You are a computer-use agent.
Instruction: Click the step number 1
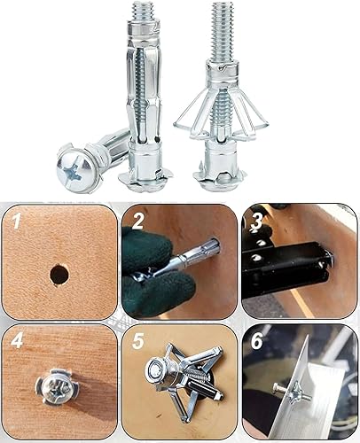click(17, 221)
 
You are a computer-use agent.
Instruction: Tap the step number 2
click(137, 221)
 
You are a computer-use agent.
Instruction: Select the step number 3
click(258, 221)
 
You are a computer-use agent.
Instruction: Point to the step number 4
click(17, 340)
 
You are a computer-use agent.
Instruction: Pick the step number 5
click(138, 340)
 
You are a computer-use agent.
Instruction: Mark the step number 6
click(257, 340)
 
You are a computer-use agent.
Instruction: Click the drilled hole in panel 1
click(59, 274)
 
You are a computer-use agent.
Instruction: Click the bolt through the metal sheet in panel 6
click(292, 392)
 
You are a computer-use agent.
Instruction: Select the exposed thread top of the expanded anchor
click(223, 31)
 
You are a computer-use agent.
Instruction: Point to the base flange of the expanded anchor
click(219, 183)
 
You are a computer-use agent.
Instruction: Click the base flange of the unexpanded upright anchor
click(145, 181)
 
